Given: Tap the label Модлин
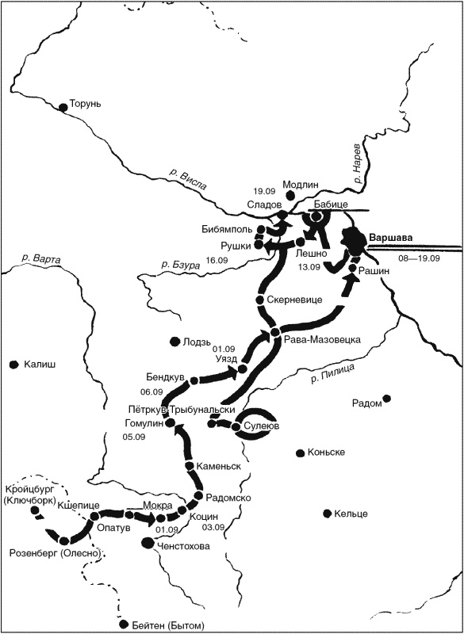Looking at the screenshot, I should [x=300, y=184].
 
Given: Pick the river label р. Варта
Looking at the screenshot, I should [x=41, y=259].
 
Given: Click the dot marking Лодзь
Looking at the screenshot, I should [x=174, y=342].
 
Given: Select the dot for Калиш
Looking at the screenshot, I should [x=13, y=365].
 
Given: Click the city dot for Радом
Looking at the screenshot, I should [x=386, y=399].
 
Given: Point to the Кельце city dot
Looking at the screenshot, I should [x=326, y=514].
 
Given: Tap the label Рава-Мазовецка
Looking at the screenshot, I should [x=321, y=339].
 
